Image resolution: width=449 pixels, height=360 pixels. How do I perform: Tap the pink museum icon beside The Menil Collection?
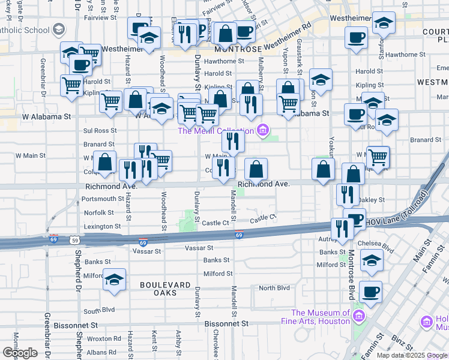pos(262,130)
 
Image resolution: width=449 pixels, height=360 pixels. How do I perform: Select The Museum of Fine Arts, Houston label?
pos(321,317)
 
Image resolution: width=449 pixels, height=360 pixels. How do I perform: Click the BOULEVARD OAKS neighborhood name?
pos(158,289)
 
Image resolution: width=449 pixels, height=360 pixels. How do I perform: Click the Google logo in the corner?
pos(19,352)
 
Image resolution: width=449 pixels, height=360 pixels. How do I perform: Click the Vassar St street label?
pos(199,247)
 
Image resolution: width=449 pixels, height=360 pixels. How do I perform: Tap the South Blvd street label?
pos(99,311)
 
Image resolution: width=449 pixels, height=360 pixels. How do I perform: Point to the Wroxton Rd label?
pos(100,338)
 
